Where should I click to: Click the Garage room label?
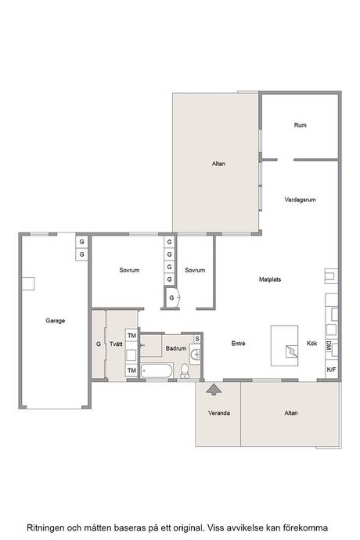(55, 321)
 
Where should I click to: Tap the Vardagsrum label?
(300, 200)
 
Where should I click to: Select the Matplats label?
(270, 279)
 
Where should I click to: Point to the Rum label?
(300, 125)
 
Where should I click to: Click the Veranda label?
(219, 412)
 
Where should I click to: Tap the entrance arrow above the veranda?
(214, 389)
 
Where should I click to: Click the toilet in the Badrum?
(185, 370)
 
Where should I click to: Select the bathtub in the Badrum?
(157, 371)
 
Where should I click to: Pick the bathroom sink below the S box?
(196, 353)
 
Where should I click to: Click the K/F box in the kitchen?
(331, 369)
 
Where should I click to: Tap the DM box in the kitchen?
(329, 346)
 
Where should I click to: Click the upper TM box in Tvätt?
(131, 336)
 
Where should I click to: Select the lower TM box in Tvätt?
(131, 370)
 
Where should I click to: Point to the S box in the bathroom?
(197, 339)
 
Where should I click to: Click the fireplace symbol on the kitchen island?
(291, 351)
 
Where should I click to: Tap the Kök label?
(311, 343)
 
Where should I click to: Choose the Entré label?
(238, 344)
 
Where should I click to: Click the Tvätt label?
(116, 344)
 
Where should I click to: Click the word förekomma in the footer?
(305, 527)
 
